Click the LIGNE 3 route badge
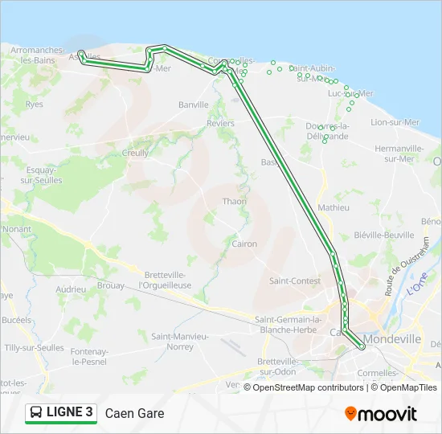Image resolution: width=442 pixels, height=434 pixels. (61, 413)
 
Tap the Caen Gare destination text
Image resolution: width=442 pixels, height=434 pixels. (134, 414)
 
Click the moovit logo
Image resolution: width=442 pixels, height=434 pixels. (381, 413)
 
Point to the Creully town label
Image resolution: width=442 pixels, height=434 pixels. (135, 153)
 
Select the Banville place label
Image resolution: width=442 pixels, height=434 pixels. (193, 104)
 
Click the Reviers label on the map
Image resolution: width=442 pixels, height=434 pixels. (220, 124)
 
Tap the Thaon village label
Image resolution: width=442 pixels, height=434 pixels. (235, 201)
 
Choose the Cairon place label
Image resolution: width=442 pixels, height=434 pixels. (244, 244)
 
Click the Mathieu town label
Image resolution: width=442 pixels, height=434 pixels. (334, 207)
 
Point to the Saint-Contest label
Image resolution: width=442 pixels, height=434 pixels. (295, 280)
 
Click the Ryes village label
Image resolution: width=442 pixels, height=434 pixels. (34, 104)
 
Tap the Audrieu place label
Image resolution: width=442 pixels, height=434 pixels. (71, 289)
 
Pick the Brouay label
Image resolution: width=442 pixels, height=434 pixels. (110, 285)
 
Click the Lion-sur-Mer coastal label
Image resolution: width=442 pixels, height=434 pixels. (395, 122)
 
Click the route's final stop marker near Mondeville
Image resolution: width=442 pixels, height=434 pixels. (363, 347)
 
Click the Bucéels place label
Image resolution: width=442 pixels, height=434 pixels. (16, 319)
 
